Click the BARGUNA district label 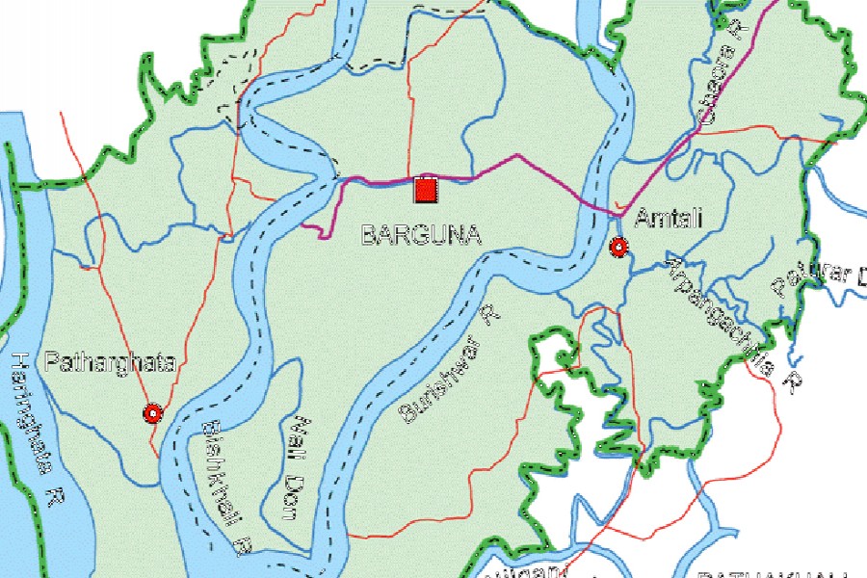(x=421, y=235)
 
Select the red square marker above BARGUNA (x=424, y=190)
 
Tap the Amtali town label (x=669, y=219)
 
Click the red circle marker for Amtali (x=618, y=248)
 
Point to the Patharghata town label (x=110, y=363)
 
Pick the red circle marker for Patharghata (x=151, y=413)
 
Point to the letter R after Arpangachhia (x=792, y=382)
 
